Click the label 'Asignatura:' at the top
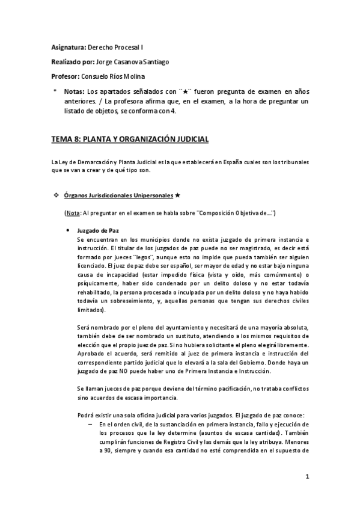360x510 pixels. pyautogui.click(x=68, y=47)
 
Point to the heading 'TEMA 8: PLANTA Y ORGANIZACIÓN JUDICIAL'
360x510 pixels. pyautogui.click(x=129, y=140)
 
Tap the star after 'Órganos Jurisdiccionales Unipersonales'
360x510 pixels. pyautogui.click(x=178, y=196)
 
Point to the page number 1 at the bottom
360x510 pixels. pyautogui.click(x=307, y=477)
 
